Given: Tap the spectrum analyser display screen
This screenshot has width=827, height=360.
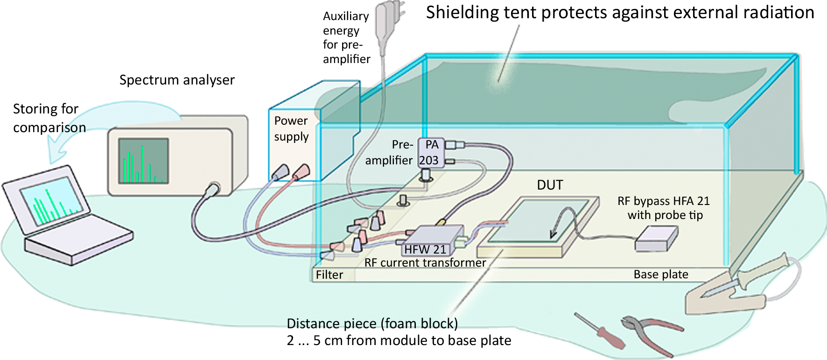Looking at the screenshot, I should click(x=143, y=160).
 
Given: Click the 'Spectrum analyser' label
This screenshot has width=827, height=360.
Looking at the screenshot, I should click(x=177, y=80).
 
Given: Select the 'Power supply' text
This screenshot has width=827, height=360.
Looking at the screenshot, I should click(x=291, y=128).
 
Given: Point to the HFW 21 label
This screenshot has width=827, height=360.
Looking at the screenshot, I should click(x=425, y=249).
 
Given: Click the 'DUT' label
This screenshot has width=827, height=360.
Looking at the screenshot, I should click(x=550, y=185).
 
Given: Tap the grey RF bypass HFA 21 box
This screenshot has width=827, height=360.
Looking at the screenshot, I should click(x=656, y=238).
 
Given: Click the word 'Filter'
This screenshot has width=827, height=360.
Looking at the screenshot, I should click(x=329, y=275).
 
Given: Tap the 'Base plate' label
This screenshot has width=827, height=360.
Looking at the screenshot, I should click(x=660, y=274).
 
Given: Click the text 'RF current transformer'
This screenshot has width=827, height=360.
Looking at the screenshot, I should click(x=425, y=262).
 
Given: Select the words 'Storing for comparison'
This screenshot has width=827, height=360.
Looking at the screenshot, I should click(x=49, y=118).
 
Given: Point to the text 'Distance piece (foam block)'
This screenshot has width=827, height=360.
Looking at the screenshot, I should click(x=372, y=323).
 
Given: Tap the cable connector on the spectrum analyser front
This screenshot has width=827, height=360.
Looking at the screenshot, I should click(x=214, y=188).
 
